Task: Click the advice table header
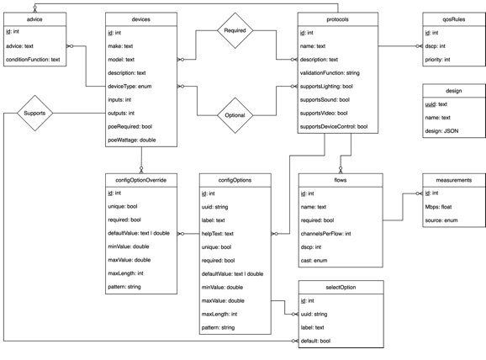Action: (x=35, y=19)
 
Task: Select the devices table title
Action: (x=141, y=19)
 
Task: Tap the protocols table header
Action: (x=334, y=19)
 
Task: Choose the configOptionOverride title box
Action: (x=141, y=179)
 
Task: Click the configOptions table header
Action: (x=235, y=179)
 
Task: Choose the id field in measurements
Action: (x=430, y=194)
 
